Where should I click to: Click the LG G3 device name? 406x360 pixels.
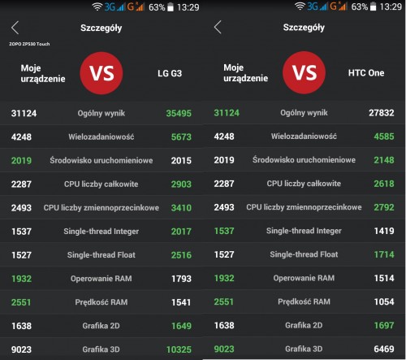(x=170, y=73)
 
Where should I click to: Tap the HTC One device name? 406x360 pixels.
(x=366, y=72)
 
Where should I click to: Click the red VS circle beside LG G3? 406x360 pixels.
(x=101, y=73)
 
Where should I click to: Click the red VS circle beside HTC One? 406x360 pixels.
(x=304, y=72)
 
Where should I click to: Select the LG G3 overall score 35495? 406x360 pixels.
(x=179, y=113)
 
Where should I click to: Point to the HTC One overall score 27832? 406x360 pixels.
(x=382, y=113)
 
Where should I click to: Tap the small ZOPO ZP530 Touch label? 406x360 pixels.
(x=29, y=44)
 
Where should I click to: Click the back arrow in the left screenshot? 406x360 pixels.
(x=15, y=28)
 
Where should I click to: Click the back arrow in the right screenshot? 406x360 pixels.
(x=218, y=27)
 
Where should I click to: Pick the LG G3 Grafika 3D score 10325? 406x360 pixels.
(x=179, y=349)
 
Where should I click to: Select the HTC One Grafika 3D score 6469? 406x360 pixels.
(x=384, y=349)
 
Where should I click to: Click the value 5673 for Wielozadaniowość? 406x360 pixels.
(x=181, y=137)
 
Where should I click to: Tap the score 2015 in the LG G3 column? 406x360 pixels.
(x=181, y=160)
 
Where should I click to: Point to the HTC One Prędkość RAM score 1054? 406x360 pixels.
(x=384, y=301)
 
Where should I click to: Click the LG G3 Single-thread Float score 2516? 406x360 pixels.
(x=181, y=255)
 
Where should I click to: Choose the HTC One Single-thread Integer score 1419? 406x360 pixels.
(x=384, y=231)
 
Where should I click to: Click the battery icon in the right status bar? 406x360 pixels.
(x=373, y=7)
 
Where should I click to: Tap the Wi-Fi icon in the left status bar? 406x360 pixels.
(x=97, y=7)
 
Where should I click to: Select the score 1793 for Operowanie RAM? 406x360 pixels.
(x=181, y=279)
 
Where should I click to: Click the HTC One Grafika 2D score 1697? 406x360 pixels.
(x=384, y=325)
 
